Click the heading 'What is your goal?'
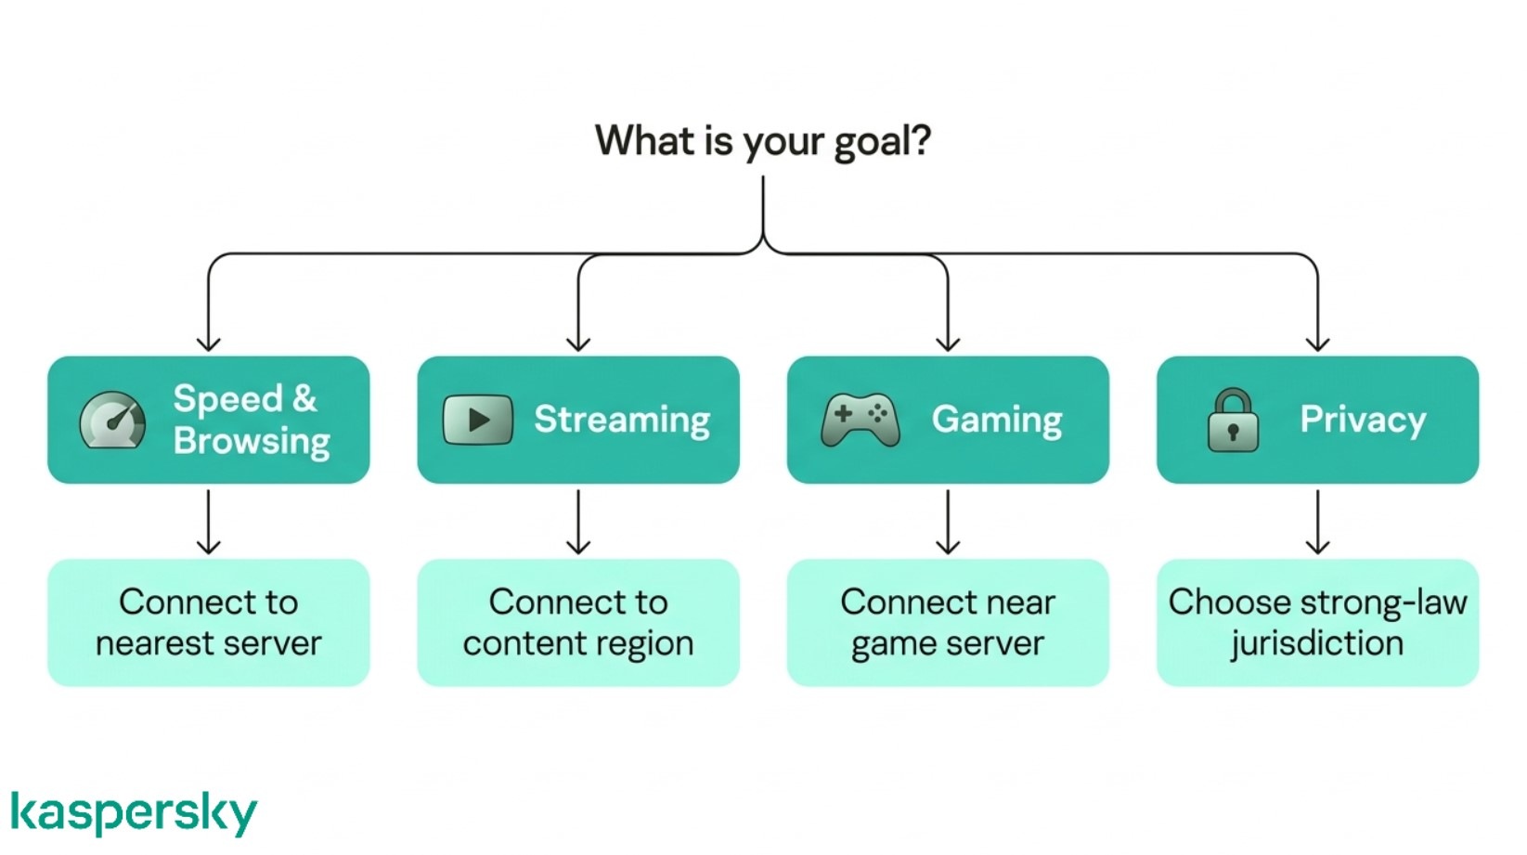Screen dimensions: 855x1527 (x=762, y=141)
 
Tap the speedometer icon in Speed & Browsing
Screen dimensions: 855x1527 (x=112, y=421)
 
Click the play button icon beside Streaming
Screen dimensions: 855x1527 (x=478, y=420)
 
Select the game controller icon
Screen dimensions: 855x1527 (x=860, y=421)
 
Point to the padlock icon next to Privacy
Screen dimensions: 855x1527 (x=1233, y=421)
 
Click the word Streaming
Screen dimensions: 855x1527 (x=622, y=420)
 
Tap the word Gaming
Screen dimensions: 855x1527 (x=997, y=420)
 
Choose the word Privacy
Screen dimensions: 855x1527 (x=1362, y=420)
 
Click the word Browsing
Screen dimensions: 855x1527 (x=252, y=441)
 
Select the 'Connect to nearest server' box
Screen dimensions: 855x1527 (x=209, y=622)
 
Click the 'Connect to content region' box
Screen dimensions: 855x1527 (x=578, y=622)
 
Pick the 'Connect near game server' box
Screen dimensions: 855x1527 (x=948, y=622)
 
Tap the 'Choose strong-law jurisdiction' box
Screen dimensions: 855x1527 (x=1317, y=622)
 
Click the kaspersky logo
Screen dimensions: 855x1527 (x=134, y=813)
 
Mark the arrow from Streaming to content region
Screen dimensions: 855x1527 (x=578, y=522)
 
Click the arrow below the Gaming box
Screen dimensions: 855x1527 (x=948, y=522)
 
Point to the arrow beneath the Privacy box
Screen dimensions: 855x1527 (x=1317, y=522)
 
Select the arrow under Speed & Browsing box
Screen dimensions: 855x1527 (x=209, y=522)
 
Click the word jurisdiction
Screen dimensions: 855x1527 (x=1317, y=643)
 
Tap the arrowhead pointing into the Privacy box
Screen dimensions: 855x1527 (x=1317, y=344)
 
